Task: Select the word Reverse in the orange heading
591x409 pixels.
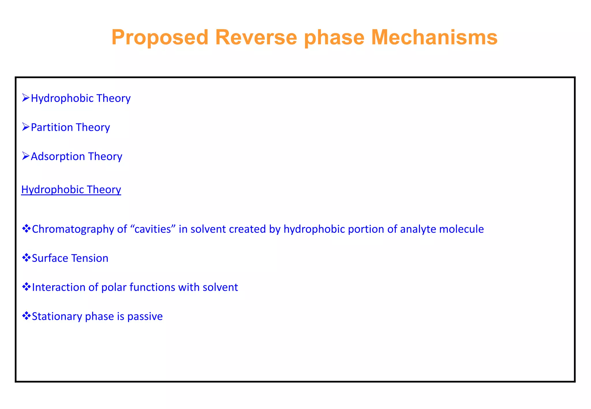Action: pyautogui.click(x=256, y=37)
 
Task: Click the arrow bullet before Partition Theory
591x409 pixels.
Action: pyautogui.click(x=26, y=127)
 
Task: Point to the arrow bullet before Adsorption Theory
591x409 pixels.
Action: pyautogui.click(x=26, y=156)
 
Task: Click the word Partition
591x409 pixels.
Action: pyautogui.click(x=52, y=127)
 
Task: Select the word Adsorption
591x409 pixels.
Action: pyautogui.click(x=58, y=156)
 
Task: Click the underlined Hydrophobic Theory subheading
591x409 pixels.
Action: pyautogui.click(x=71, y=190)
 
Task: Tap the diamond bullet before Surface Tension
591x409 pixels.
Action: pyautogui.click(x=26, y=258)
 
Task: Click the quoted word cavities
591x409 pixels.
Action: pyautogui.click(x=153, y=229)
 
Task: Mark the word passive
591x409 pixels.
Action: pyautogui.click(x=145, y=316)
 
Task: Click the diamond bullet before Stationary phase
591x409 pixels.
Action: pyautogui.click(x=26, y=316)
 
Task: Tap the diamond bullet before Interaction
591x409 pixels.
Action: pyautogui.click(x=26, y=287)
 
